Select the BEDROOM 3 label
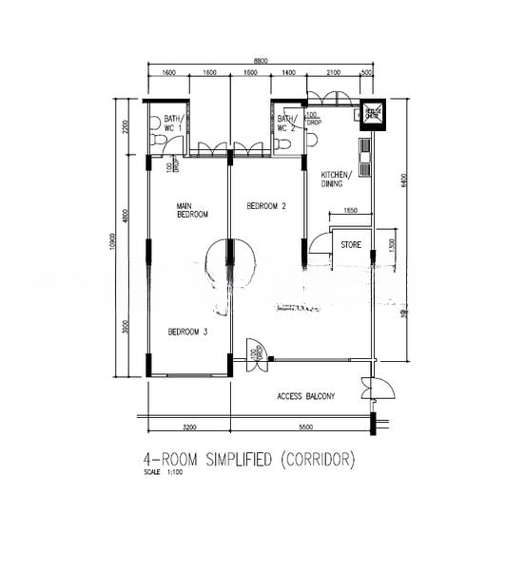pyautogui.click(x=187, y=332)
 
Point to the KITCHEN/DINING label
pyautogui.click(x=336, y=180)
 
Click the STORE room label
pyautogui.click(x=351, y=245)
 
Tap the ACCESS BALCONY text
pyautogui.click(x=305, y=396)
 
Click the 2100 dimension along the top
pyautogui.click(x=333, y=72)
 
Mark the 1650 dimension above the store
pyautogui.click(x=350, y=210)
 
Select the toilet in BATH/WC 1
pyautogui.click(x=163, y=142)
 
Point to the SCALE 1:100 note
pyautogui.click(x=160, y=472)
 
